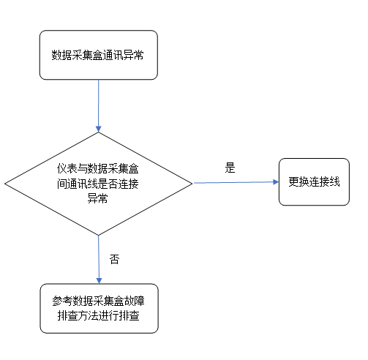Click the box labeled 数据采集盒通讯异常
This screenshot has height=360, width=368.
tap(98, 55)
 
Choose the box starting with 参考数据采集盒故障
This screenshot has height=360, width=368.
tap(98, 309)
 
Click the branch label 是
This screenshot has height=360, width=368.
tap(230, 168)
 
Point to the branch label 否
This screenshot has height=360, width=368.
tap(113, 259)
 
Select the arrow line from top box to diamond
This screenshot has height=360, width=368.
tap(98, 102)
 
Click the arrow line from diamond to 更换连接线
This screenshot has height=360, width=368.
tap(234, 182)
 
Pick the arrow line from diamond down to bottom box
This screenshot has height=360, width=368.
tap(98, 256)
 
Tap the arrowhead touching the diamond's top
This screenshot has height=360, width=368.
tap(98, 129)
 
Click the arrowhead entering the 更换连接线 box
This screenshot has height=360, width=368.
tap(274, 182)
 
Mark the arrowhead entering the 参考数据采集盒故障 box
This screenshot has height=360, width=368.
tap(98, 280)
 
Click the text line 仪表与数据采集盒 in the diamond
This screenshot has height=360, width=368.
tap(98, 169)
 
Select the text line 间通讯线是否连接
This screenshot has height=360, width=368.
tap(98, 184)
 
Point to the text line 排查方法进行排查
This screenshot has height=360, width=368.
tap(98, 318)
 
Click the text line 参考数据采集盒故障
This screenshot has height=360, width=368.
tap(98, 301)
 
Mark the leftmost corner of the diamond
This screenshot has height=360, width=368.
tap(6, 184)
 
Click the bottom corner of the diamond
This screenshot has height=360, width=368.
tap(98, 234)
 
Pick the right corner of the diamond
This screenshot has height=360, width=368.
tap(192, 184)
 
